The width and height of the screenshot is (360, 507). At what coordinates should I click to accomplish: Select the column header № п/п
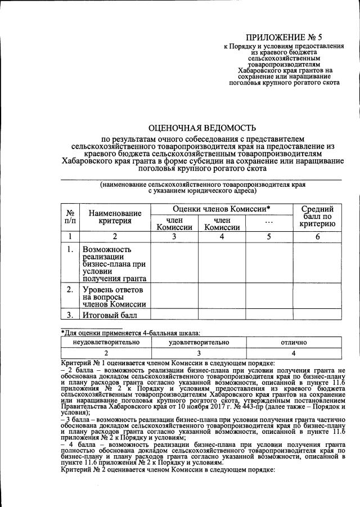[71, 217]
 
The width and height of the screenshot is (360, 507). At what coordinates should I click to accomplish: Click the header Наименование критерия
[115, 217]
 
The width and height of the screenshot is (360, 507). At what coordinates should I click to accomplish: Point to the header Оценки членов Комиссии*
[221, 209]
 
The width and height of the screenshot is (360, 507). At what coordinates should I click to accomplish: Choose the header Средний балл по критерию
[317, 217]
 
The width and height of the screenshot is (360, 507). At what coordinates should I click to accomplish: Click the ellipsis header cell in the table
[269, 223]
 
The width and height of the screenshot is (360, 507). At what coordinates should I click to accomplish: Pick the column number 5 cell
[269, 237]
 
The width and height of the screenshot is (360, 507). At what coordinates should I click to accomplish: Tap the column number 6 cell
[317, 237]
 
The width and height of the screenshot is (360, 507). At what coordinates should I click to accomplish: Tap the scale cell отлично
[293, 342]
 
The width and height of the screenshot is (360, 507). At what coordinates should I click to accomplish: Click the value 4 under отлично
[293, 353]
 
